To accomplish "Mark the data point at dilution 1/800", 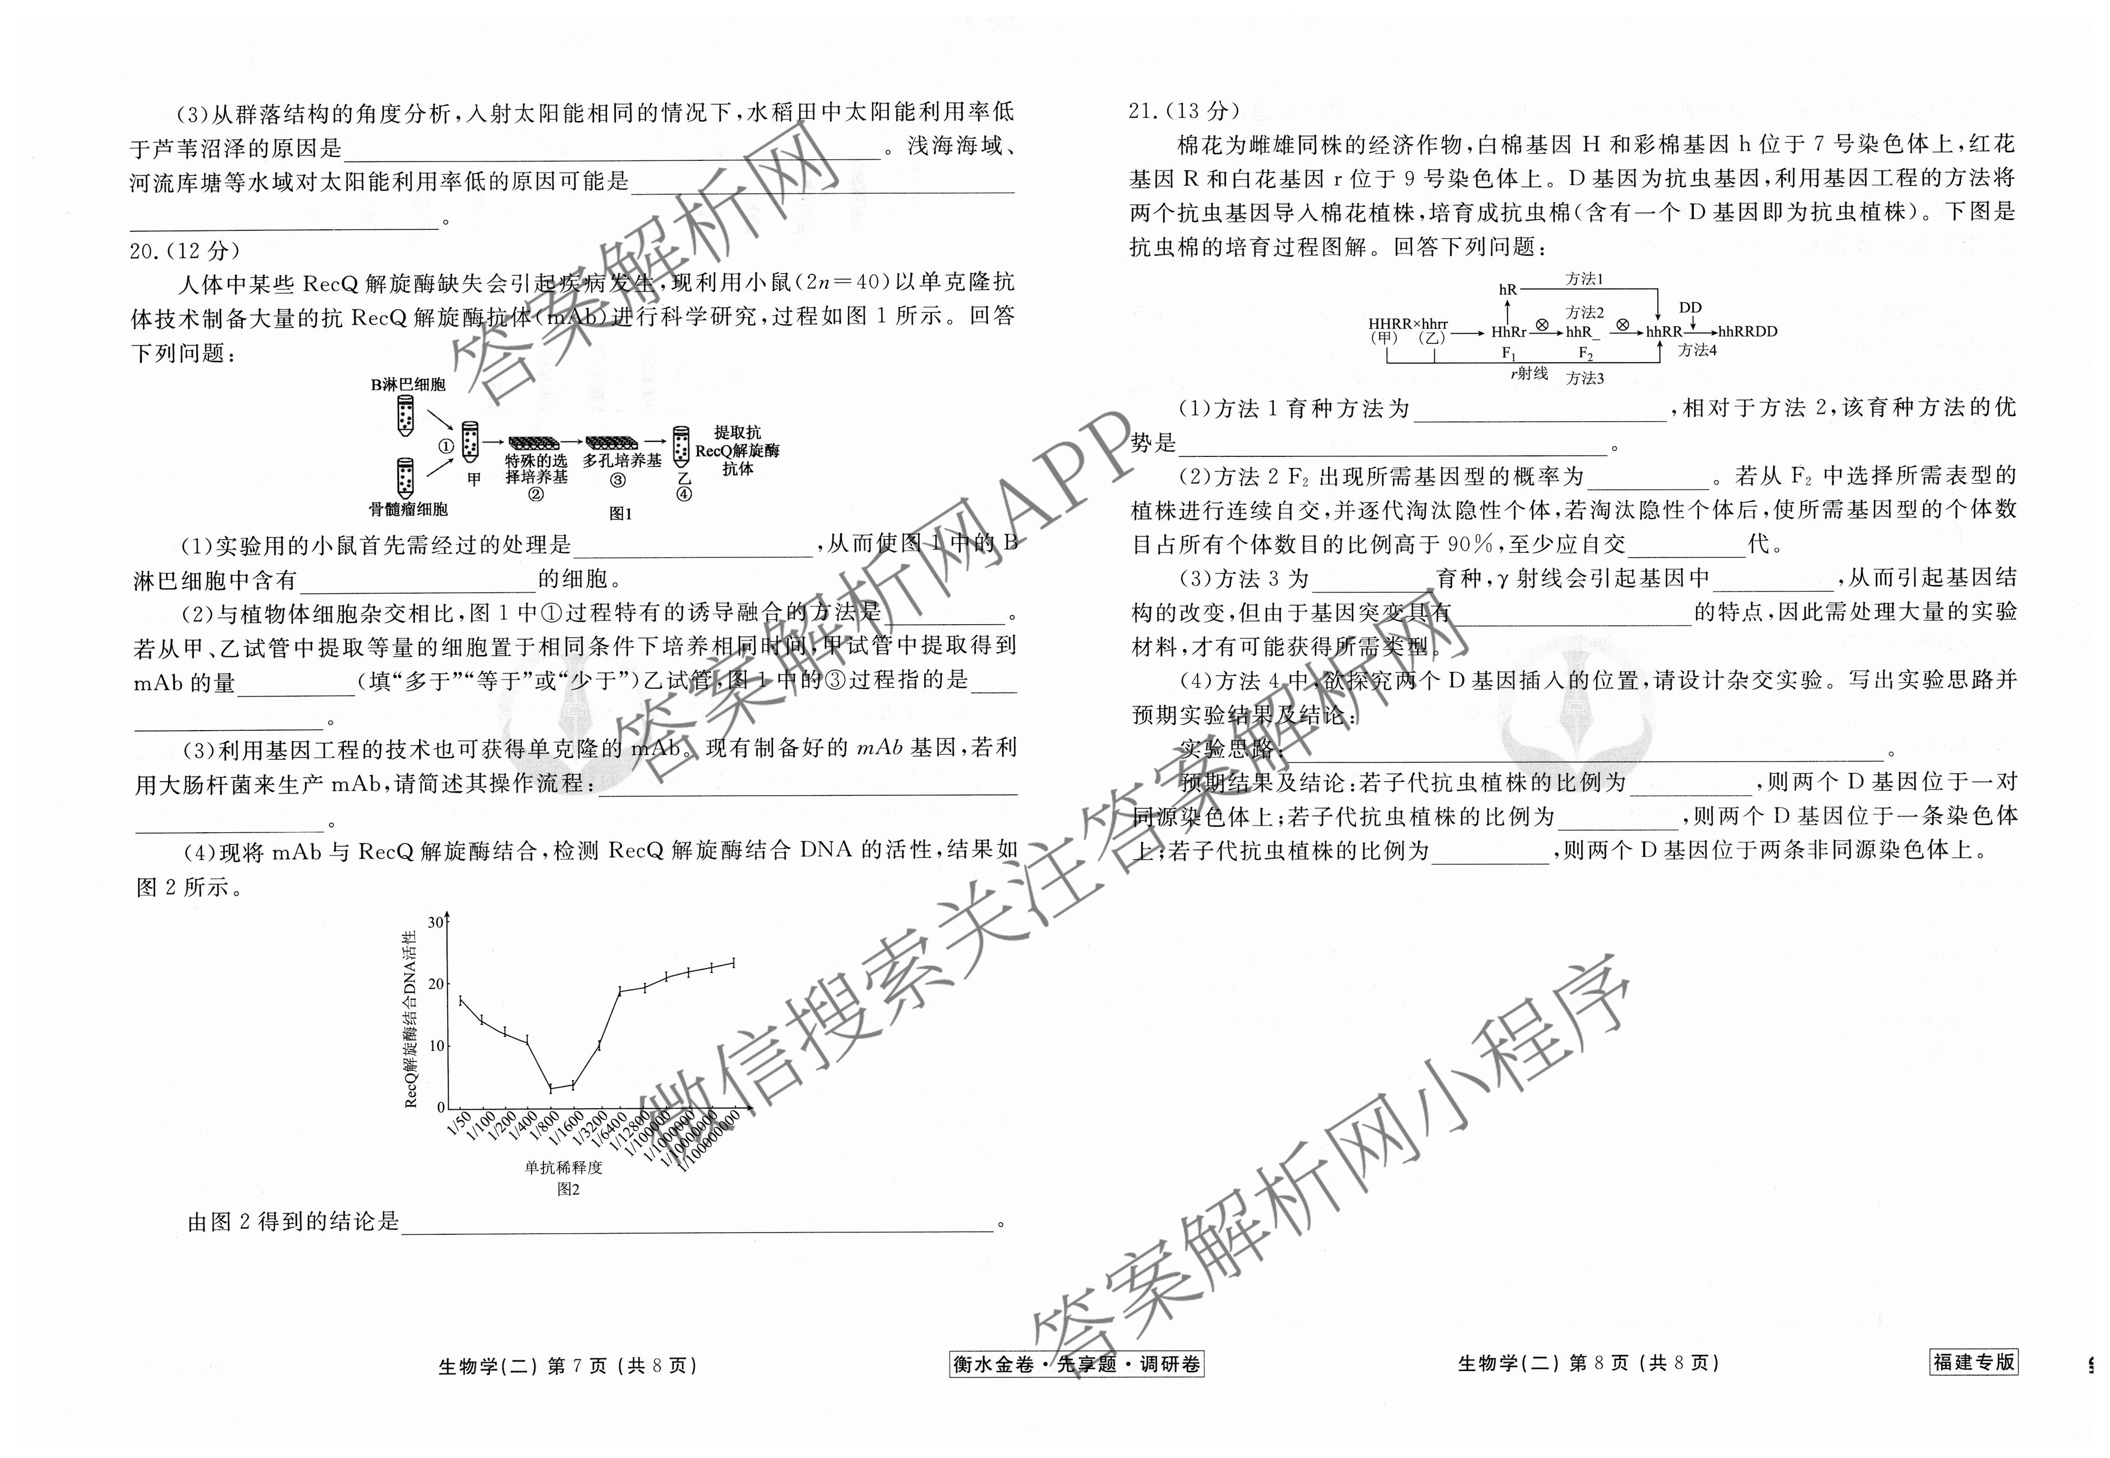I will click(x=551, y=1088).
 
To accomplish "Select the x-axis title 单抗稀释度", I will click(x=564, y=1168).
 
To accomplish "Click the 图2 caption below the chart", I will click(x=568, y=1189).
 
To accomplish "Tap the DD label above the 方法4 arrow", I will click(x=1690, y=308).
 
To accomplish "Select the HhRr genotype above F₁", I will click(x=1508, y=333).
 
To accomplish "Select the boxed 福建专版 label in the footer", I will click(x=1974, y=1362).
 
